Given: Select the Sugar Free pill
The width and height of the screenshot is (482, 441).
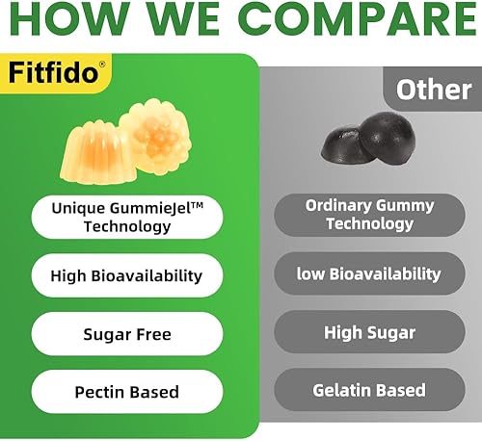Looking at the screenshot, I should (x=126, y=334).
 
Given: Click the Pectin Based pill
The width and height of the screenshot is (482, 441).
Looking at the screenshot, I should (x=126, y=392).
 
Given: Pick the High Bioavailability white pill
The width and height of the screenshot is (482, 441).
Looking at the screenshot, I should (x=126, y=275).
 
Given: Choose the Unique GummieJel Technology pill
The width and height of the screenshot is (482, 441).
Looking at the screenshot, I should (x=126, y=217).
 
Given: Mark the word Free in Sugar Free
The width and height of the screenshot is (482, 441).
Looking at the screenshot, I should (x=152, y=334).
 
